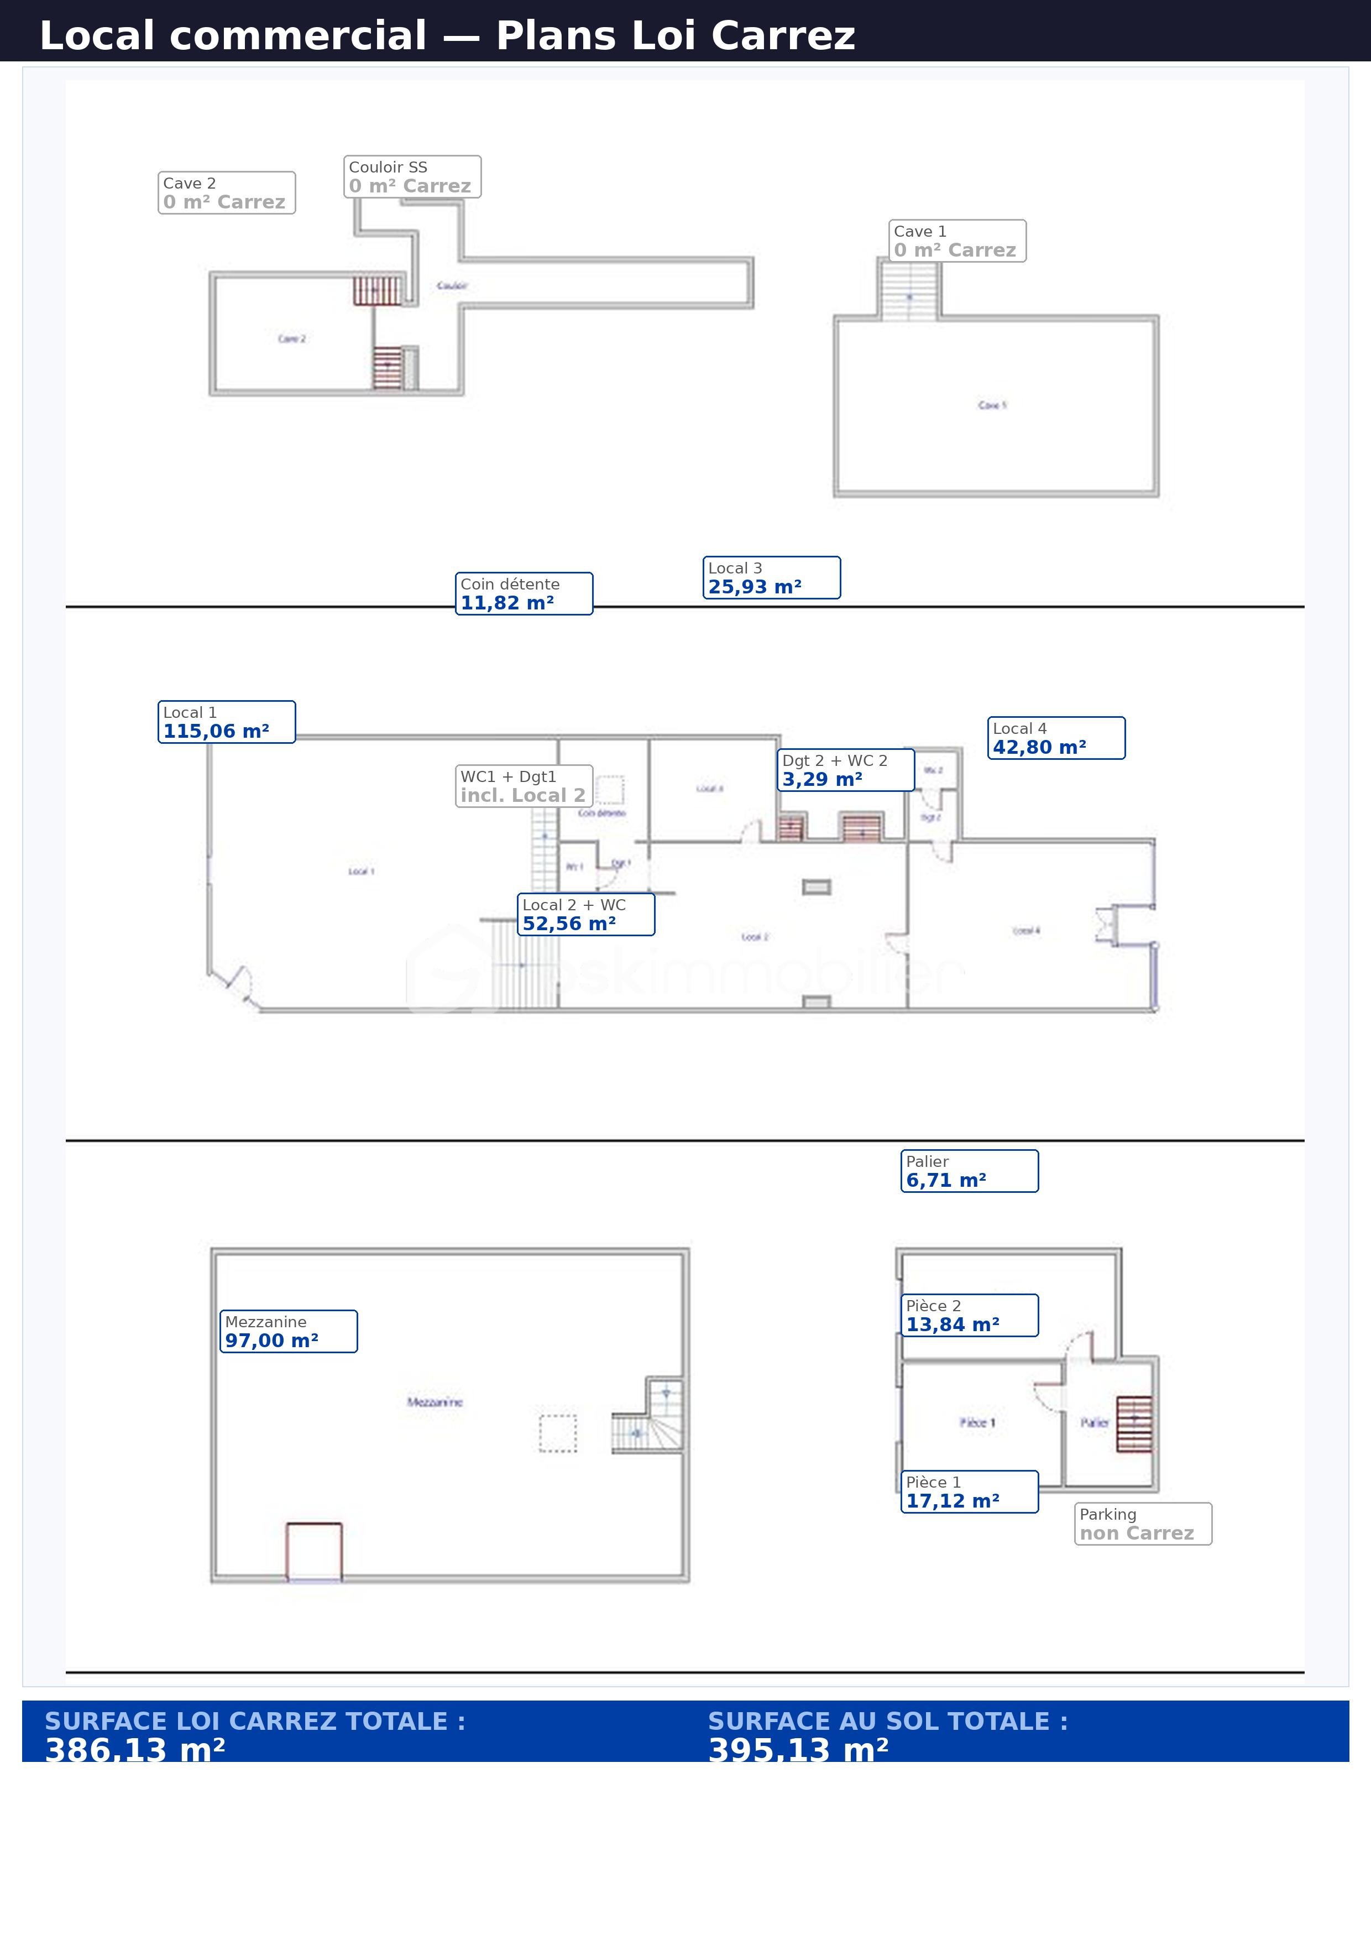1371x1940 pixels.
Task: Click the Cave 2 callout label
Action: coord(227,192)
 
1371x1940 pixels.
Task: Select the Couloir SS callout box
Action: coord(412,176)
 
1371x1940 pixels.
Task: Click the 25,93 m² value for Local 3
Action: coord(755,587)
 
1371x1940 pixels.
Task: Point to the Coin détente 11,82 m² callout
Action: coord(524,593)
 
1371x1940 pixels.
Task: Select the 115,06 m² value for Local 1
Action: coord(216,732)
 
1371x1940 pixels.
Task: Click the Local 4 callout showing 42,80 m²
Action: coord(1056,738)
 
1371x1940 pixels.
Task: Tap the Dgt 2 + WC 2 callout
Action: coord(846,770)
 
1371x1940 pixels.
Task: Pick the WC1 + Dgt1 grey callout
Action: coord(524,786)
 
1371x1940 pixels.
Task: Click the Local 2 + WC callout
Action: coord(585,914)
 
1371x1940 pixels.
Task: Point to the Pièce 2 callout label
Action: coord(969,1315)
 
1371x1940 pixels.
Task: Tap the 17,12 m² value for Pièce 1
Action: coord(953,1501)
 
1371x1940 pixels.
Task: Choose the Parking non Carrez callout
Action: coord(1142,1524)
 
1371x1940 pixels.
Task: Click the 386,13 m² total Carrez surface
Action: coord(135,1750)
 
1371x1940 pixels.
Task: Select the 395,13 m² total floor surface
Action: coord(798,1750)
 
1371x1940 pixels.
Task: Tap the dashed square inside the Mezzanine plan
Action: coord(558,1433)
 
